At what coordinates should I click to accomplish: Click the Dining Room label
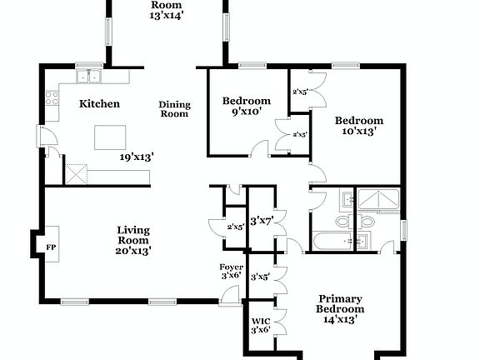(x=175, y=109)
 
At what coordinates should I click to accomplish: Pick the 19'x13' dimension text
(x=137, y=156)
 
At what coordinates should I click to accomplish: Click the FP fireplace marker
(x=51, y=247)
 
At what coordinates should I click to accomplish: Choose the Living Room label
(x=133, y=235)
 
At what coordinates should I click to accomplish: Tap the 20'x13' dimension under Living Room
(x=133, y=249)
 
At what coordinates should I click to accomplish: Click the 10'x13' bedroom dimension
(x=360, y=131)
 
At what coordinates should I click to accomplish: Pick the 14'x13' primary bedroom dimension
(x=340, y=319)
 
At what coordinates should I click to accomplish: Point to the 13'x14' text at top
(x=167, y=15)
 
